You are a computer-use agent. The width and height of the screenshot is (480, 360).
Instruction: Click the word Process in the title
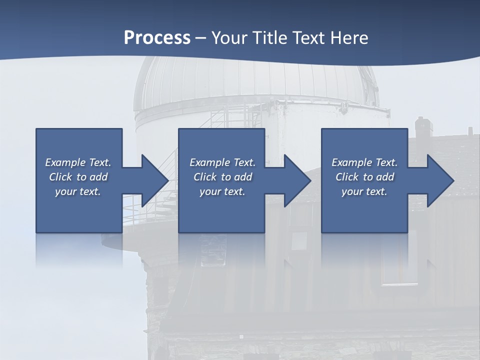point(157,37)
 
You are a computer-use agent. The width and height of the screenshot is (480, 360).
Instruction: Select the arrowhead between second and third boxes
point(296,180)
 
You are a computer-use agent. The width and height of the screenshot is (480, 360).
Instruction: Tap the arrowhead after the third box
point(439,180)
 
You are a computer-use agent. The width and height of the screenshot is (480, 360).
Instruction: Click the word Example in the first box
point(65,162)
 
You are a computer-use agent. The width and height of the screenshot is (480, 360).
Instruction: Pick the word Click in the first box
point(60,177)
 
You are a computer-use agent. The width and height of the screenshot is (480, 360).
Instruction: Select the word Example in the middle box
point(209,162)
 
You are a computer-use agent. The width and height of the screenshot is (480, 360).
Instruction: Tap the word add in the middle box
point(243,177)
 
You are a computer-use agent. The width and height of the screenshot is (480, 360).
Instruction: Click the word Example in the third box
point(351,162)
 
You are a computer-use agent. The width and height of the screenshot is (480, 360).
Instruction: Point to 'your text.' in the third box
point(364,191)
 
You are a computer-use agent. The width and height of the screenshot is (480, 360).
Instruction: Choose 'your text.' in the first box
point(78,191)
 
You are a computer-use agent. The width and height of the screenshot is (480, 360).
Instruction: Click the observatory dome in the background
point(255,80)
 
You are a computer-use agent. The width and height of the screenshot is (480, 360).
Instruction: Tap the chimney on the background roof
point(422,127)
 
